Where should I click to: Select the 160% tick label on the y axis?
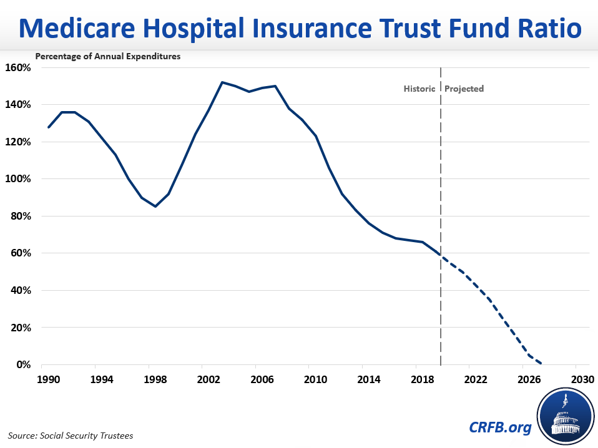click(18, 67)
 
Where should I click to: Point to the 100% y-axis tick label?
click(18, 179)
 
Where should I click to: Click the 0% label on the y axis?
click(23, 365)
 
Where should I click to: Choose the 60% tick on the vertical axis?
click(21, 253)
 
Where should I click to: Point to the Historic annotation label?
click(419, 89)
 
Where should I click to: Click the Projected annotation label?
click(464, 89)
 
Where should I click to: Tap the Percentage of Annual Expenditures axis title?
click(108, 56)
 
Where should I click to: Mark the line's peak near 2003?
click(222, 82)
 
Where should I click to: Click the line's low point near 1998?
click(155, 206)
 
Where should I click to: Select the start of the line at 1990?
click(49, 127)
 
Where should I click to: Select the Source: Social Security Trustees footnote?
click(71, 435)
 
